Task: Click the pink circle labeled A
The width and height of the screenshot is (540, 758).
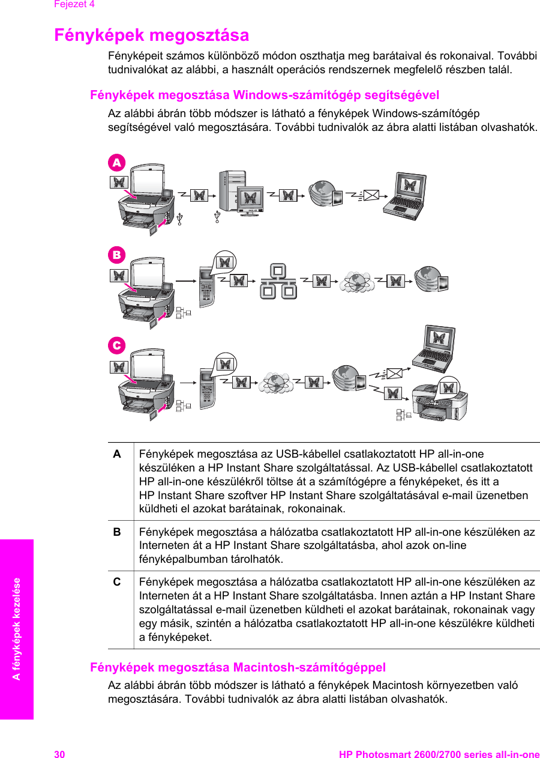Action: coord(116,162)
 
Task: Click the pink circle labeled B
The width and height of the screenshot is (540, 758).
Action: coord(116,255)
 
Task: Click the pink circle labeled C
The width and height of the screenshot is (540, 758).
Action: coord(116,345)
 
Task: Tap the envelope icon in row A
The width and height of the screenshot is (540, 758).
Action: coord(373,195)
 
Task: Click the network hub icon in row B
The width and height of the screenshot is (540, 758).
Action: coord(278,281)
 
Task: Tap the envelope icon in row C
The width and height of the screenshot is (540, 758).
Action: coord(394,372)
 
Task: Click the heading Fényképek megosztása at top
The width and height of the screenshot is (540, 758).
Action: coord(152,35)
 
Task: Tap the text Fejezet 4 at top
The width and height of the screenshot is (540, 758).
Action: coord(74,4)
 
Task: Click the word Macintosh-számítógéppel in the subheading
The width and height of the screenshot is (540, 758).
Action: coord(309,667)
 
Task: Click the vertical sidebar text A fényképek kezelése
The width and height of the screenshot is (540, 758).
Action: coord(17,629)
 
